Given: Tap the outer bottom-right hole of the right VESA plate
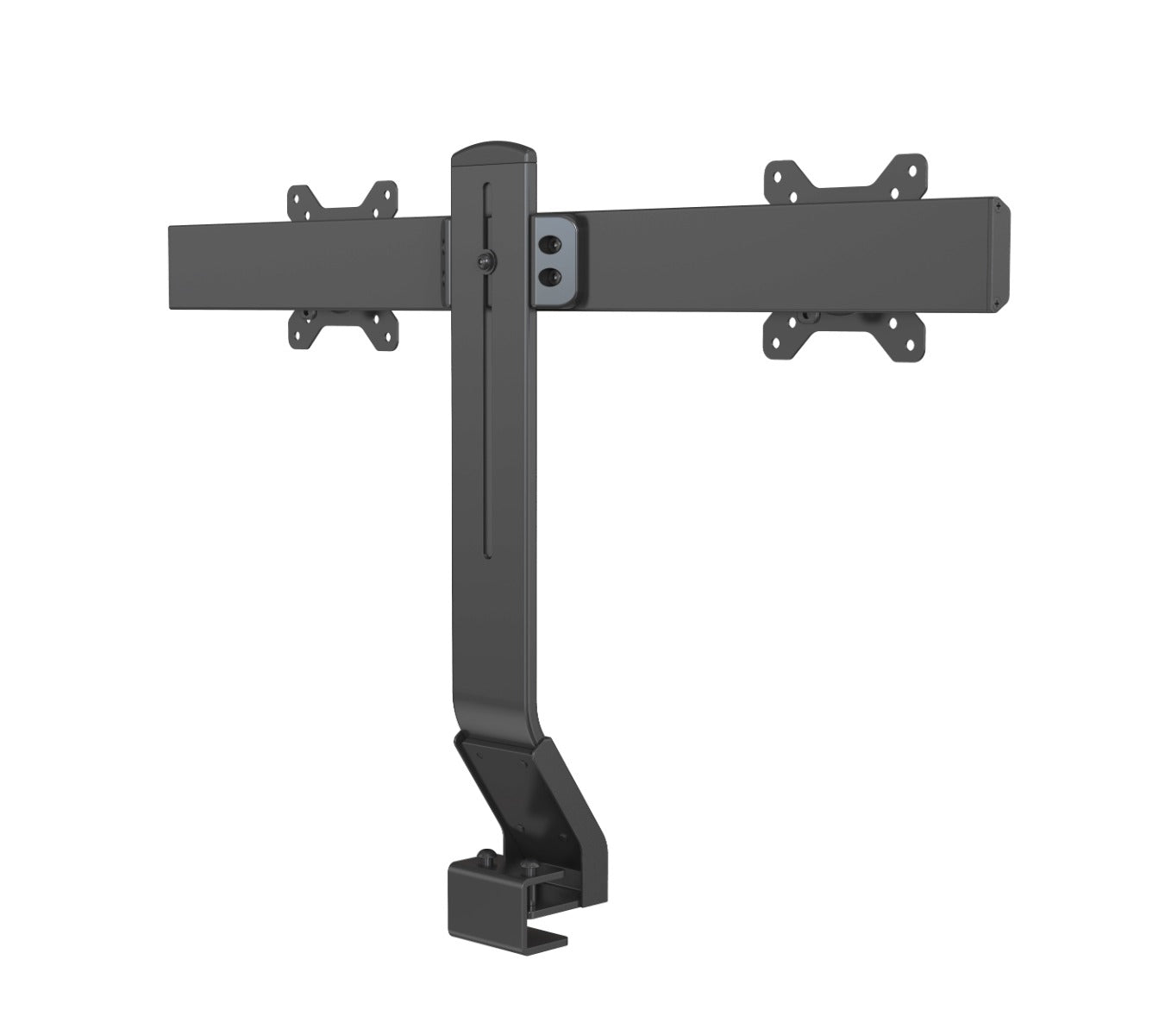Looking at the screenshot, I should point(912,344).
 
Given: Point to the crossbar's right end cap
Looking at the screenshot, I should point(1003,255).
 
